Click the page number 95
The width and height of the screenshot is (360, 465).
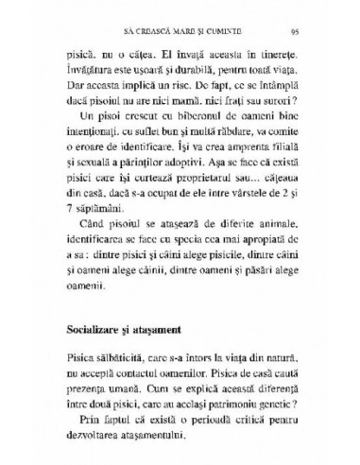(x=297, y=31)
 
